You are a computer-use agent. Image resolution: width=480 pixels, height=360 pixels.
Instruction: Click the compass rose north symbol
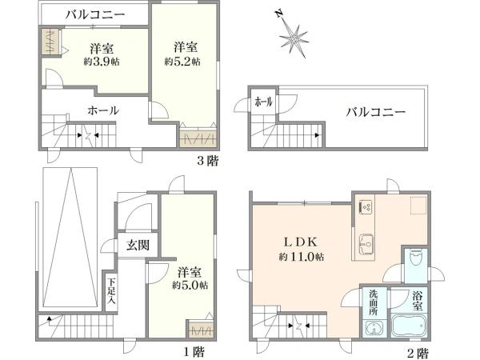pos(296,37)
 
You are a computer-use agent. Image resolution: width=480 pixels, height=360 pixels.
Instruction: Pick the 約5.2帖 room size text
pos(182,61)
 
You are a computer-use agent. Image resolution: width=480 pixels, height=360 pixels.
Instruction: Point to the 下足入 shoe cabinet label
pos(112,293)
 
